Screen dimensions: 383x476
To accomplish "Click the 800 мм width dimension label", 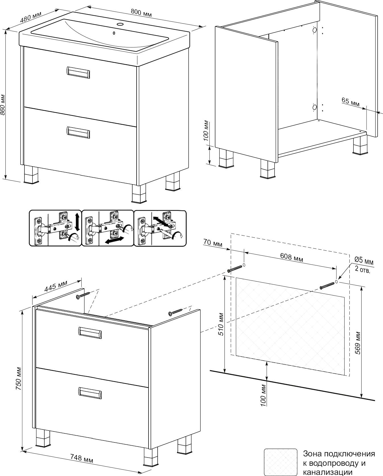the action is pos(141,13).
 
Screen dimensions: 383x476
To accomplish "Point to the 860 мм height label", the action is pos(3,105).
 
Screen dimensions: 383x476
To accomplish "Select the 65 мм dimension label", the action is pos(351,102).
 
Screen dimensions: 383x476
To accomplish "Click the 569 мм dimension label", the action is pos(358,342).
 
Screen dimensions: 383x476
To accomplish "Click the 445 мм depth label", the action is pos(55,287).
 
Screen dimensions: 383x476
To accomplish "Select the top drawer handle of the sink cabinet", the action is pos(78,72).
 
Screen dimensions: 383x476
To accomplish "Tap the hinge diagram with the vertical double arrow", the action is pos(55,228).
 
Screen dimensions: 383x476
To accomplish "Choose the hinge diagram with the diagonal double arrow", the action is pos(160,228).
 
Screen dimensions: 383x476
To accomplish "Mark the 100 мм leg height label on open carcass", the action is pos(207,131).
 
